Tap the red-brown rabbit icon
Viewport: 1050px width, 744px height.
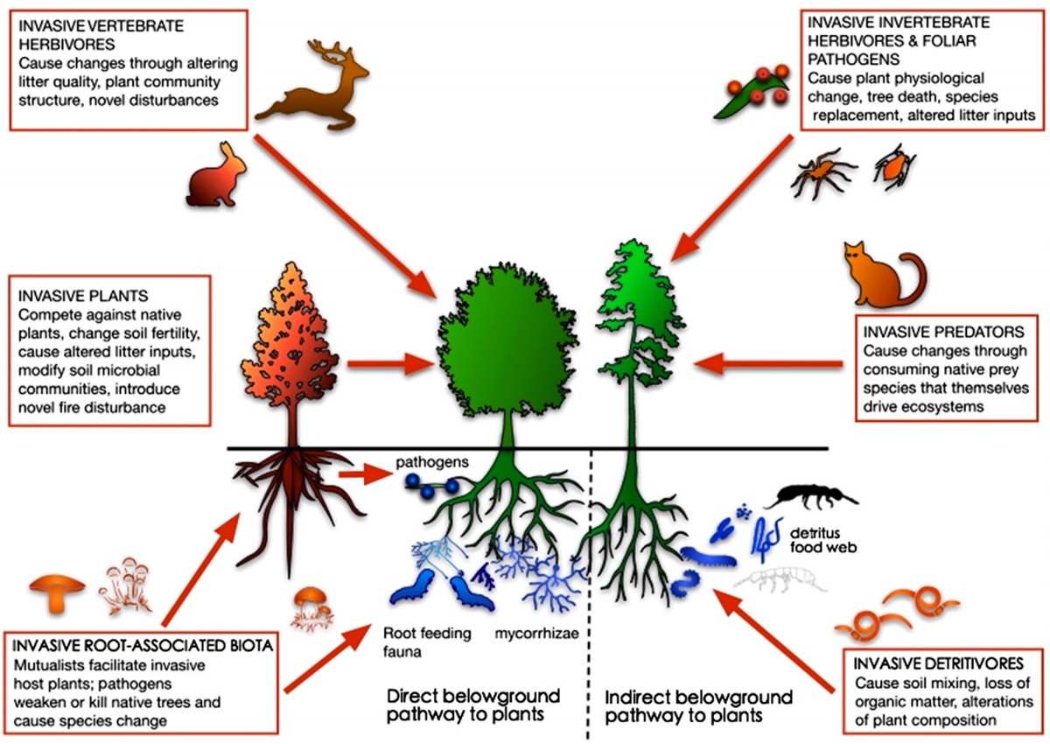(x=212, y=174)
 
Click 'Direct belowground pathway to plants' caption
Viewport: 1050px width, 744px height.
(x=474, y=706)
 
